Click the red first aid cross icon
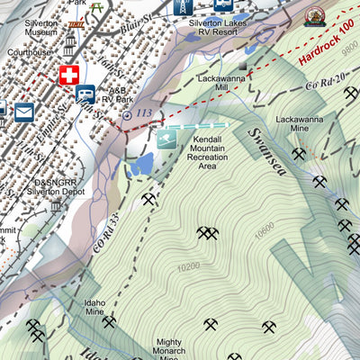(69, 76)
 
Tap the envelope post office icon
(23, 112)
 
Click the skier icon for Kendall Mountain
(166, 138)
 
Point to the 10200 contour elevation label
(189, 267)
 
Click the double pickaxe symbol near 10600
(209, 234)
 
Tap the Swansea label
(267, 148)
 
